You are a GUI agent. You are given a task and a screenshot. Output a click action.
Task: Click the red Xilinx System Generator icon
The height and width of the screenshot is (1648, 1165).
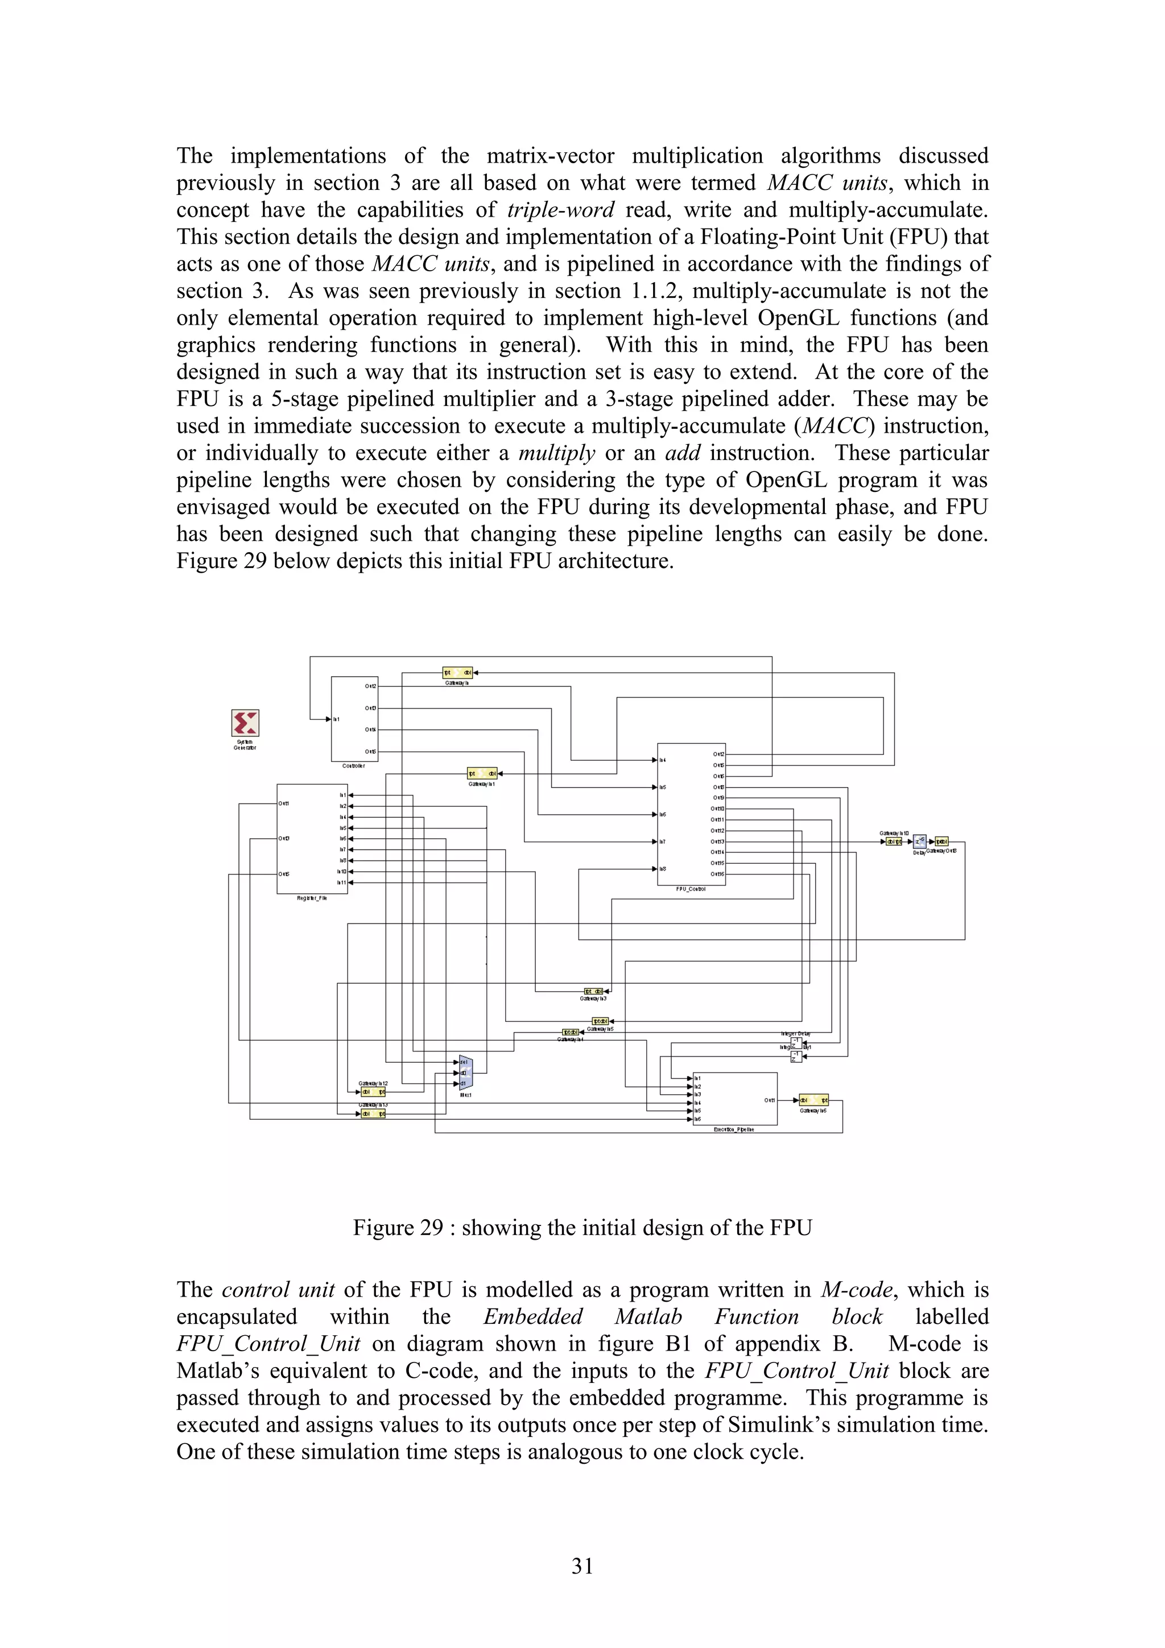click(x=245, y=723)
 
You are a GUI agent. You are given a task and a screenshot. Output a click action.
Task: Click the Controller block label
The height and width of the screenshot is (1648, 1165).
click(x=353, y=766)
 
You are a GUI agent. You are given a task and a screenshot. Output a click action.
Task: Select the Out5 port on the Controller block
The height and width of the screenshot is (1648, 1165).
click(x=370, y=752)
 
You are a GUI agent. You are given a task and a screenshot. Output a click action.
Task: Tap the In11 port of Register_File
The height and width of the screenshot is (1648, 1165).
click(x=342, y=882)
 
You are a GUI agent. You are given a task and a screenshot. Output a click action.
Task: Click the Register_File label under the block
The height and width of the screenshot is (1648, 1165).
click(x=312, y=898)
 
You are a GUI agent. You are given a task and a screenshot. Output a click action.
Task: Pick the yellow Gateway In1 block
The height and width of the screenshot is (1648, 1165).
click(x=482, y=774)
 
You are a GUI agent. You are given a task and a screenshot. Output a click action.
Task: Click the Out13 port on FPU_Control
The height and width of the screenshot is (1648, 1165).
click(x=717, y=841)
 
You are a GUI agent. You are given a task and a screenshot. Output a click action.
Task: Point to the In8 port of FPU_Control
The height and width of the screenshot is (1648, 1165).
click(x=663, y=868)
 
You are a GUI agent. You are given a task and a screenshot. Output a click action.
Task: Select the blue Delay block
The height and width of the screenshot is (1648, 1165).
click(x=919, y=841)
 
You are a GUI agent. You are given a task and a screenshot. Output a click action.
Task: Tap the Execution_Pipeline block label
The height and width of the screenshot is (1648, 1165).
click(x=734, y=1129)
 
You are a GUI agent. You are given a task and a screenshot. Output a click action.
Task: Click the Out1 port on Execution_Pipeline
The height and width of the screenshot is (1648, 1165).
click(x=769, y=1100)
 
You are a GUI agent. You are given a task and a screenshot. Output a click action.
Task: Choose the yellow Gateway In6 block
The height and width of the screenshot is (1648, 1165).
click(x=814, y=1100)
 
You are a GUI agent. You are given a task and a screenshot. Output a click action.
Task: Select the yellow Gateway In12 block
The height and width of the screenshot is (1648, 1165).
click(x=373, y=1092)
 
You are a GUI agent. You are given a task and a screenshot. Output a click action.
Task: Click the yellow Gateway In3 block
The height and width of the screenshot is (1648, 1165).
click(x=594, y=991)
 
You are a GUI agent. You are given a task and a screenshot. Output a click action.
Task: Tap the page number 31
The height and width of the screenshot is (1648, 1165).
click(x=582, y=1566)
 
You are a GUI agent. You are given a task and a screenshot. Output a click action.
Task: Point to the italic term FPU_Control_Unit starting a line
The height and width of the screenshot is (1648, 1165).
click(x=268, y=1344)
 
